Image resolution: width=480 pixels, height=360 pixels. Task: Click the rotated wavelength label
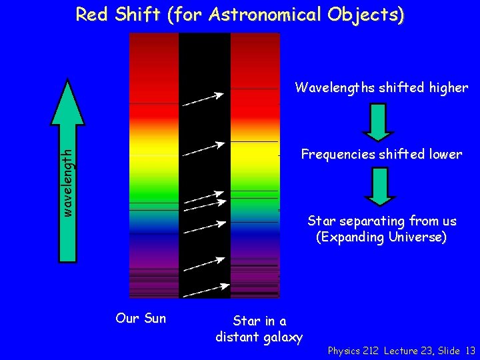pos(67,181)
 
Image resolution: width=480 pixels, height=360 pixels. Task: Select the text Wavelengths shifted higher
pos(381,88)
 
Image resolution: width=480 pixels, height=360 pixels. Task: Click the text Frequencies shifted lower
pos(381,155)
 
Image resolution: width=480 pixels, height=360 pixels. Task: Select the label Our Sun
pos(141,318)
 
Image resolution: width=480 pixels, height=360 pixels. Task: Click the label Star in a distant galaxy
pos(259,329)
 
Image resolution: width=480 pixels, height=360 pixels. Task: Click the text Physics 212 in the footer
pos(353,351)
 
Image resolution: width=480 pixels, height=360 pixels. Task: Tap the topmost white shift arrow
pos(203,99)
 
